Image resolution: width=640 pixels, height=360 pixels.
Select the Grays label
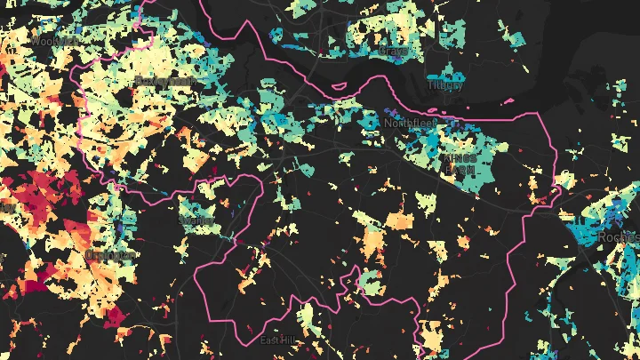pyautogui.click(x=392, y=52)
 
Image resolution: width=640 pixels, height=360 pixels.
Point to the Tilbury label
pyautogui.click(x=444, y=85)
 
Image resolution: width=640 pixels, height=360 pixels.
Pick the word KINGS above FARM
pyautogui.click(x=460, y=157)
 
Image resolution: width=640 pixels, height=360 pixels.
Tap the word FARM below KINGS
pyautogui.click(x=460, y=168)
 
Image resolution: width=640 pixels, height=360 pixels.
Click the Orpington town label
pyautogui.click(x=111, y=255)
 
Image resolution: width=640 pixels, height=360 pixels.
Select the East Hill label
pyautogui.click(x=279, y=340)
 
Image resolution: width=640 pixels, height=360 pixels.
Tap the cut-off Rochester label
pyautogui.click(x=620, y=237)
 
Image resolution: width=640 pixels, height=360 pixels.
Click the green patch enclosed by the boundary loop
pyautogui.click(x=368, y=283)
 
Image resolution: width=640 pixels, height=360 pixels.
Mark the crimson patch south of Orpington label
pyautogui.click(x=116, y=316)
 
